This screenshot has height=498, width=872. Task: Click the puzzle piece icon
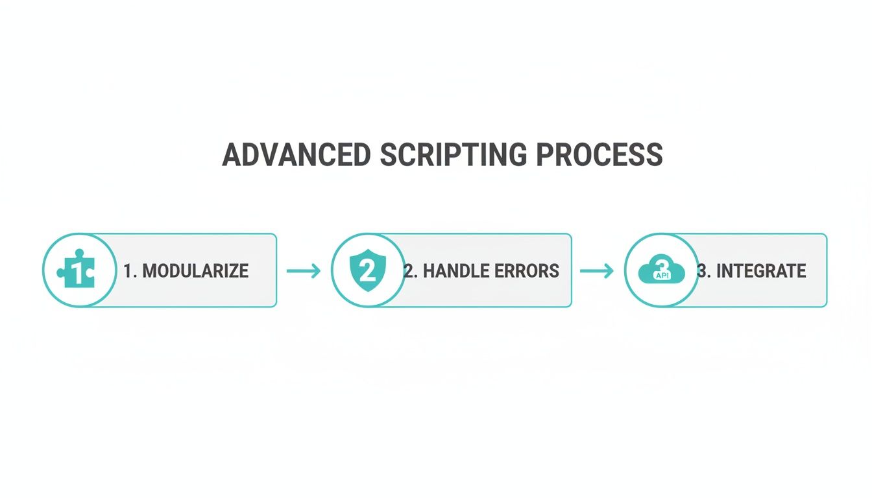tap(77, 270)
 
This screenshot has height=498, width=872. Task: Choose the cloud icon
tap(661, 271)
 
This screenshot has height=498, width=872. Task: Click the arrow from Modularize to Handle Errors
tap(304, 270)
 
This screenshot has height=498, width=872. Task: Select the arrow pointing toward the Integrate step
tap(597, 270)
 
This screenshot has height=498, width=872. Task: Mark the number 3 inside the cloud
tap(661, 266)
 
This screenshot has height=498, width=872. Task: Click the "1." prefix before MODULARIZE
tap(130, 270)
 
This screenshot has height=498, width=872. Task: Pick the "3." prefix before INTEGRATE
tap(703, 270)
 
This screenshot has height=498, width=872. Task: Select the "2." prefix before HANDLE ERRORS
tap(411, 270)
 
